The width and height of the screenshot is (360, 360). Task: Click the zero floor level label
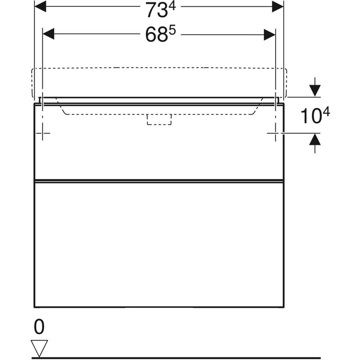39,327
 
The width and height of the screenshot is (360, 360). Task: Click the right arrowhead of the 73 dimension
278,6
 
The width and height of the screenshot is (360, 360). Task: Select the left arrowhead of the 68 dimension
48,34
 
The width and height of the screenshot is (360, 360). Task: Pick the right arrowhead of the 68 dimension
270,34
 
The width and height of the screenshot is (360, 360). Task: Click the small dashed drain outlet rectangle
159,120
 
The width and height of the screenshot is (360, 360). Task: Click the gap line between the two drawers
159,181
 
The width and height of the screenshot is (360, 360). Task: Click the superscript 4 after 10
327,112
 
